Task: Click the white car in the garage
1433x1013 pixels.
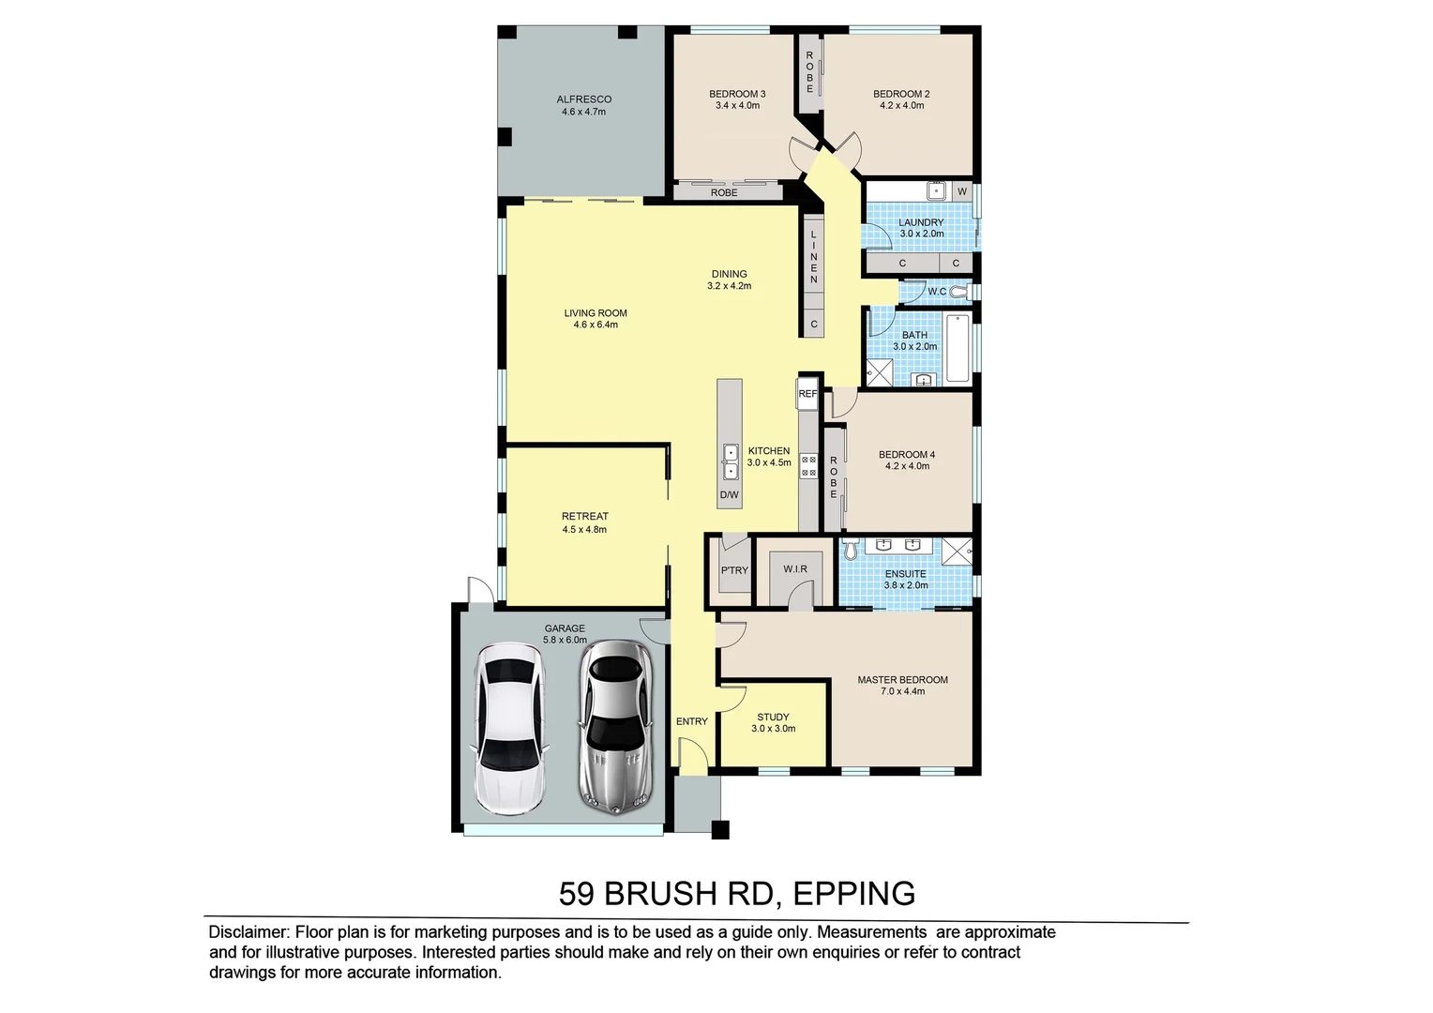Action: point(510,728)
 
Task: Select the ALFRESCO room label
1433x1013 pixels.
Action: point(583,99)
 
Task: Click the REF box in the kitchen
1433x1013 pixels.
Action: point(807,394)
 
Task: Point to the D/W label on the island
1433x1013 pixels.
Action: point(729,494)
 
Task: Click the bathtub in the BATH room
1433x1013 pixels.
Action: point(957,348)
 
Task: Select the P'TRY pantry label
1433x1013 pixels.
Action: point(734,570)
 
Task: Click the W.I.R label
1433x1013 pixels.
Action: point(795,569)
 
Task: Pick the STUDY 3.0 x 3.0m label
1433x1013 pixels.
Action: point(773,722)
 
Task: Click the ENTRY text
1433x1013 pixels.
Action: point(691,721)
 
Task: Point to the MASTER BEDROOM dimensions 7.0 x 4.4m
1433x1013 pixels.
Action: point(902,691)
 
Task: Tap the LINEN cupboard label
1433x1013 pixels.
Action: point(814,256)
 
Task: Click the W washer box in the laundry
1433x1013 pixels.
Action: point(961,191)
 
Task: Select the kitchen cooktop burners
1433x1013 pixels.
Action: point(807,466)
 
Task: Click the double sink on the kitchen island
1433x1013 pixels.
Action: point(730,462)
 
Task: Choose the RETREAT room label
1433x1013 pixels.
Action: point(584,516)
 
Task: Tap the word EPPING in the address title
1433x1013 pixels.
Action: point(853,894)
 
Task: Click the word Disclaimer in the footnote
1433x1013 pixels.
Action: point(249,932)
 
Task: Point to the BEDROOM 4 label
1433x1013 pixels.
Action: point(906,455)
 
